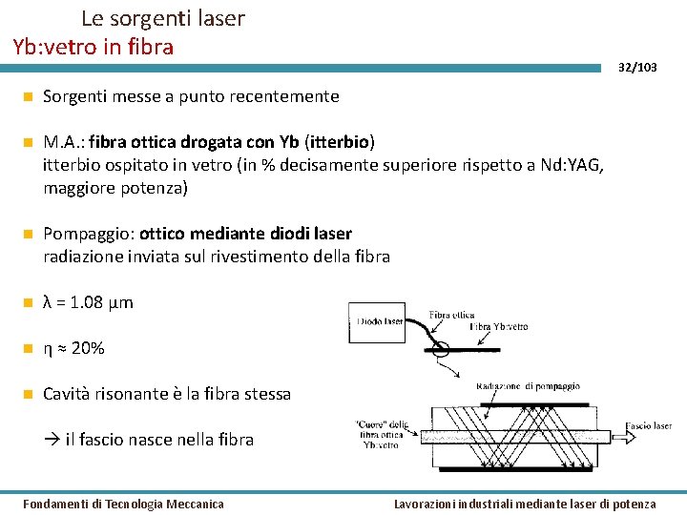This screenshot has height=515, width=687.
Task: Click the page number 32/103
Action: click(637, 68)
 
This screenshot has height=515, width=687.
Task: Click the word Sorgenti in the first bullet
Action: click(75, 96)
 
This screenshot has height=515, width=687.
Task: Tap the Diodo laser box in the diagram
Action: click(378, 322)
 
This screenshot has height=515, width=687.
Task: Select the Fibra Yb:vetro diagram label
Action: click(497, 326)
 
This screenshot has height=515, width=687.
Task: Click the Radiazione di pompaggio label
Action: click(528, 386)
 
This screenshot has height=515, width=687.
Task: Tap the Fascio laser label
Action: click(649, 425)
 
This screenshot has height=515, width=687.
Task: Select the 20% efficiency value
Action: click(88, 348)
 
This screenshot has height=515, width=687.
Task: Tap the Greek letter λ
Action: click(49, 302)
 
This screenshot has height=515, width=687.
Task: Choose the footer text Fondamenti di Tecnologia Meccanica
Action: click(123, 504)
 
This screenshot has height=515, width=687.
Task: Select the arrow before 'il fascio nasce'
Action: click(53, 440)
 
